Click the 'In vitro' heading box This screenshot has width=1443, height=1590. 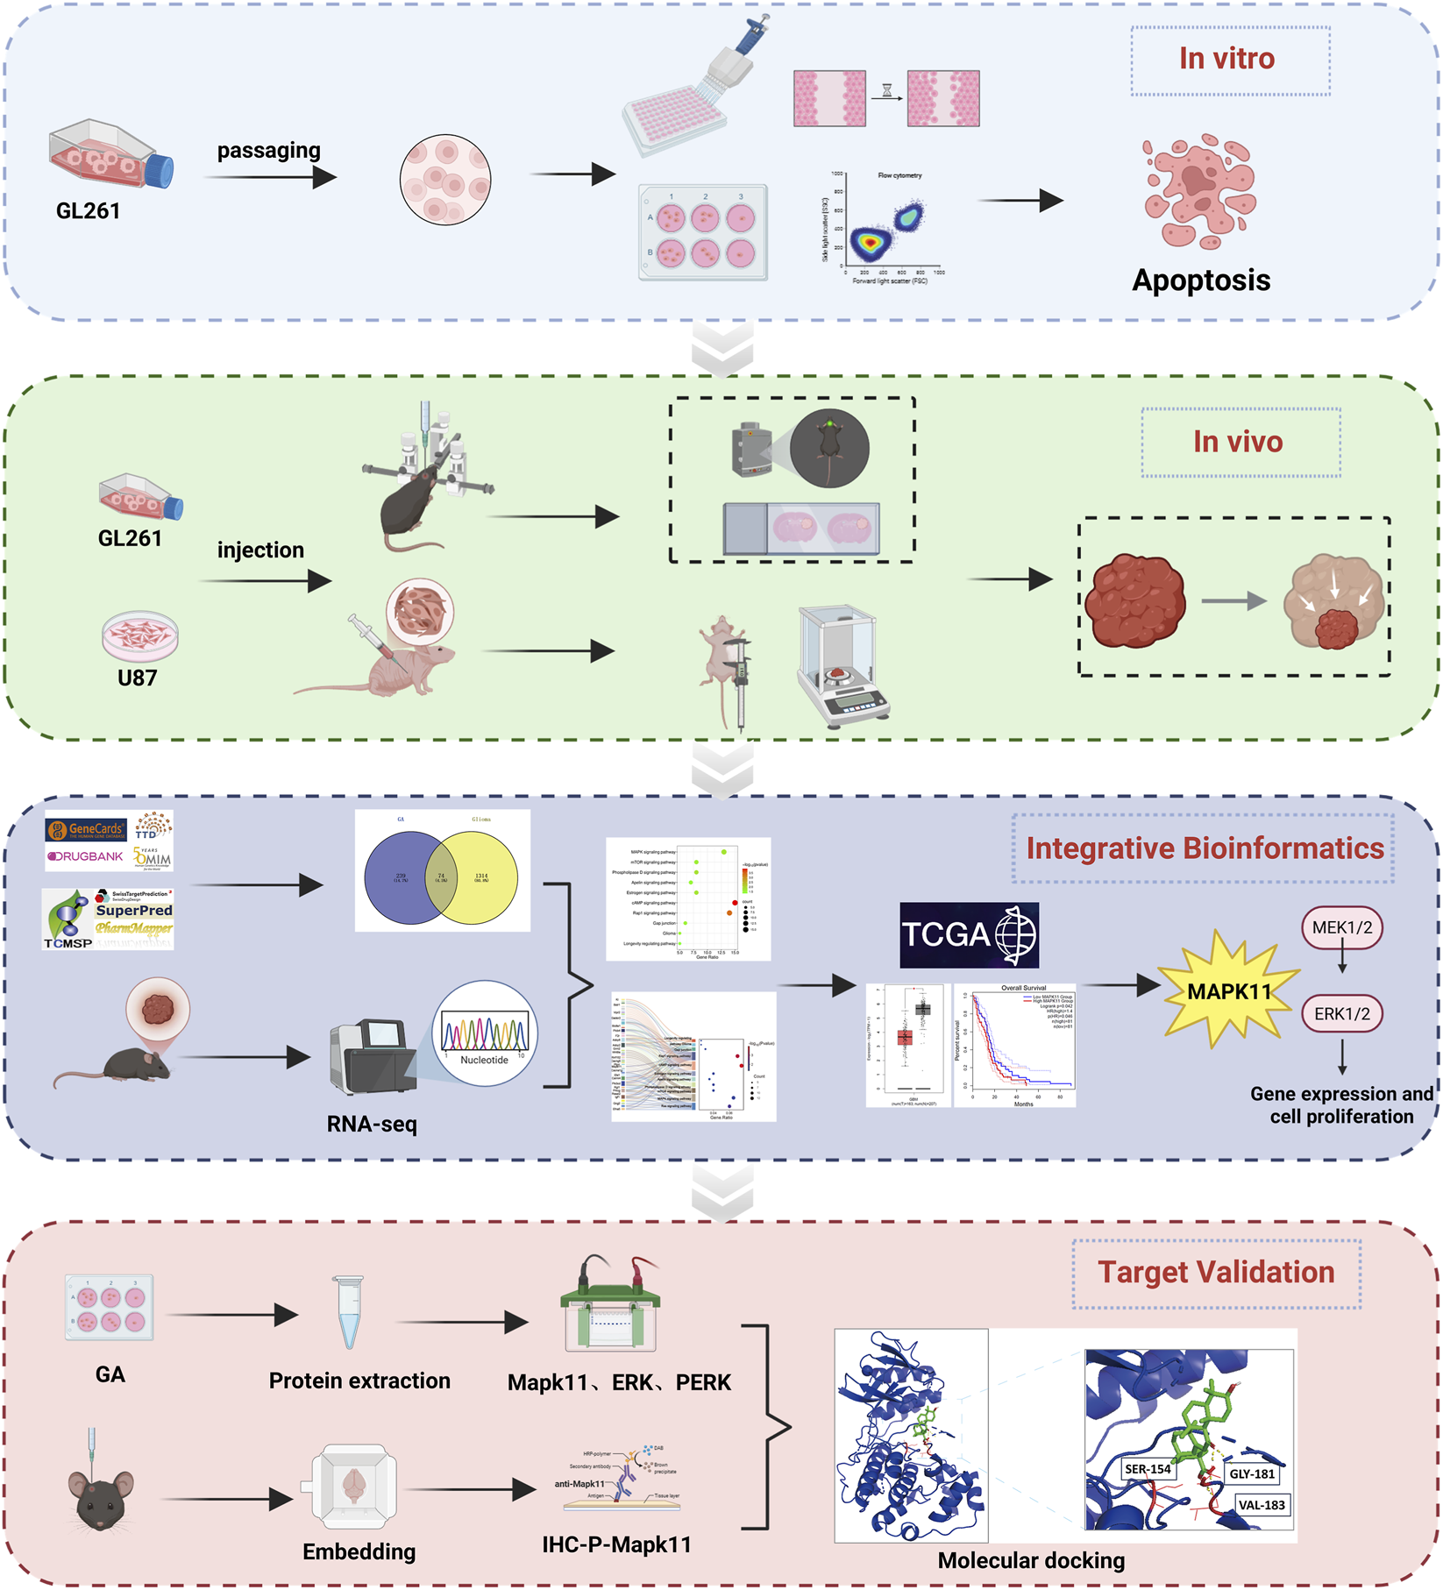pyautogui.click(x=1229, y=60)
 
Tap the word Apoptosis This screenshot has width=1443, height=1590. pyautogui.click(x=1200, y=280)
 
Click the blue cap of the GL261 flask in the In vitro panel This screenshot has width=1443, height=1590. pyautogui.click(x=160, y=170)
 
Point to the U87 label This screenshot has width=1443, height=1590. pyautogui.click(x=137, y=678)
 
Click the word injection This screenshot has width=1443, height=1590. pyautogui.click(x=260, y=550)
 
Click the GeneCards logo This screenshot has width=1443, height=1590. pyautogui.click(x=87, y=828)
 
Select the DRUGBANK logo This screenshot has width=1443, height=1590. pyautogui.click(x=85, y=856)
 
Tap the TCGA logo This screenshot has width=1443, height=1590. pyautogui.click(x=969, y=934)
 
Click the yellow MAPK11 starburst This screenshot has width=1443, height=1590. pyautogui.click(x=1228, y=991)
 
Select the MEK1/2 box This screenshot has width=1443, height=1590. pyautogui.click(x=1341, y=927)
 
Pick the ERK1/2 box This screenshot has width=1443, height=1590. pyautogui.click(x=1341, y=1013)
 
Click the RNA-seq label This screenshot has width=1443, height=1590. pyautogui.click(x=372, y=1124)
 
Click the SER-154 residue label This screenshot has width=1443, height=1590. pyautogui.click(x=1148, y=1469)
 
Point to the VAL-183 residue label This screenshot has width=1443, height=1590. pyautogui.click(x=1261, y=1505)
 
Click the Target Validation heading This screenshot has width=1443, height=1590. pyautogui.click(x=1216, y=1273)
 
